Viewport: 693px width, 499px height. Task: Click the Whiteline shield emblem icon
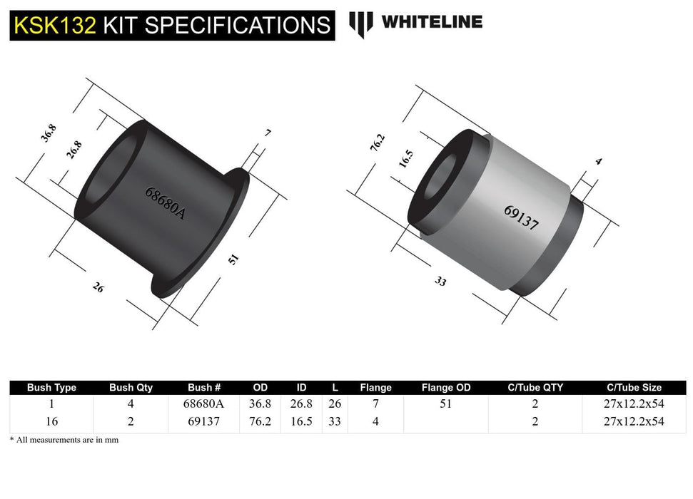(361, 24)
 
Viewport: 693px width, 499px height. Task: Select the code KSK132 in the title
(54, 26)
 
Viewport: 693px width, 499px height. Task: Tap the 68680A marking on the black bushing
(164, 202)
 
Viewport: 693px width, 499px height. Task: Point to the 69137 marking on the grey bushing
(520, 217)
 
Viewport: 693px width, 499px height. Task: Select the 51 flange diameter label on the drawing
(233, 259)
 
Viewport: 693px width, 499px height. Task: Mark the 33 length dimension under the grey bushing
(440, 281)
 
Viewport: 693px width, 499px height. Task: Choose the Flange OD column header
(446, 388)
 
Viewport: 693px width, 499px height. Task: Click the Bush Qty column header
(131, 388)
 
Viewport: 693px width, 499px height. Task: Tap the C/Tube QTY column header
(535, 388)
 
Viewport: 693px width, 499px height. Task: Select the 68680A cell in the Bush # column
(205, 403)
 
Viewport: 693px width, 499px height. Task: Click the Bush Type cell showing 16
(51, 421)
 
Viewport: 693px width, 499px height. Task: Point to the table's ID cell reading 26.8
(301, 403)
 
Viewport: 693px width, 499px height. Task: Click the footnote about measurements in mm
(64, 440)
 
